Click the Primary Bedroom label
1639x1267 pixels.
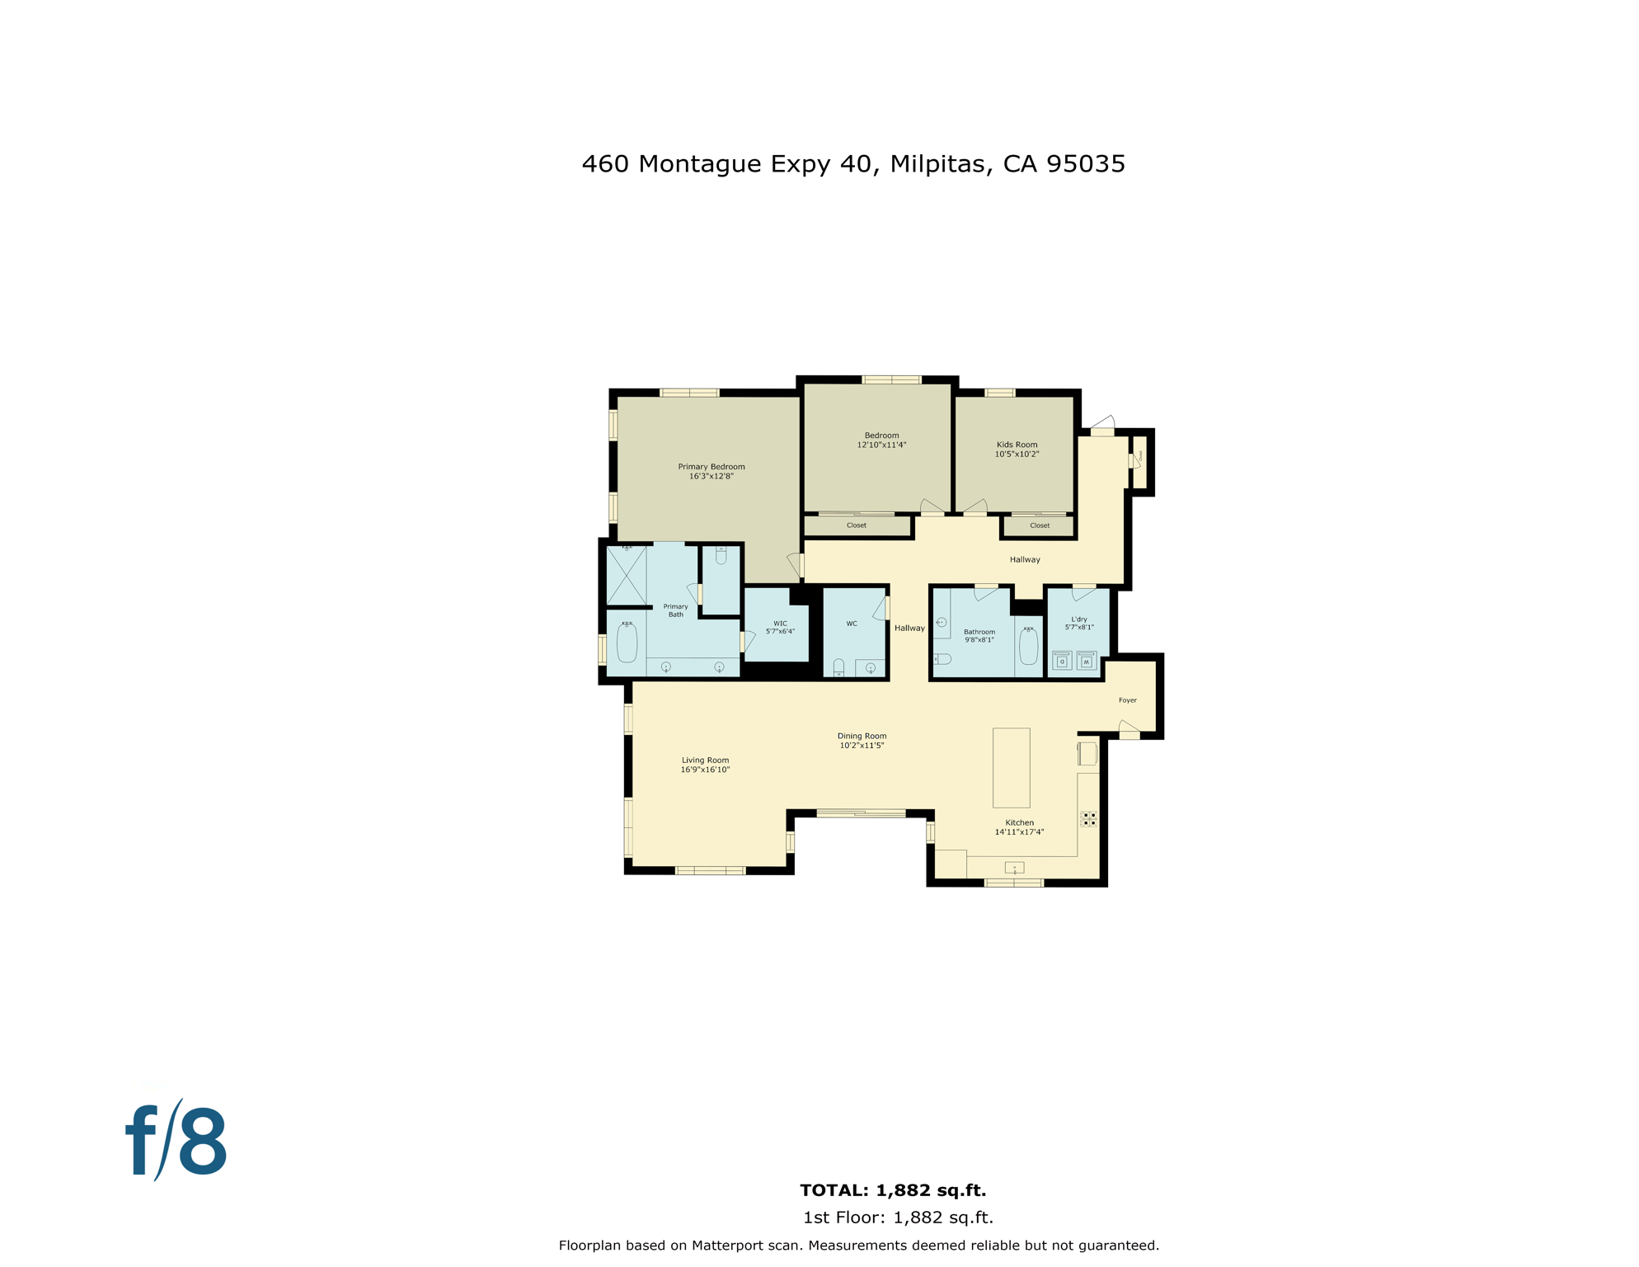click(711, 467)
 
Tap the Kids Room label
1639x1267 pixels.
click(1017, 445)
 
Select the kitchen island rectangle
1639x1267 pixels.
click(1011, 767)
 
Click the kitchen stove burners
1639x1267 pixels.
click(1088, 818)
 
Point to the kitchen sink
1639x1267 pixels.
click(1014, 867)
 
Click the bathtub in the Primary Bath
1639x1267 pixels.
click(627, 643)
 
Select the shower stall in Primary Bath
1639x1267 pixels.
click(627, 575)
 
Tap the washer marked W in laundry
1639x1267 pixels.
click(1087, 662)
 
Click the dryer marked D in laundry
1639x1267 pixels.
click(1062, 662)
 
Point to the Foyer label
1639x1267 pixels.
click(1127, 700)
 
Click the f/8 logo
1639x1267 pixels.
click(176, 1142)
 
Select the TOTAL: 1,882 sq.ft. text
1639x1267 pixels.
click(893, 1190)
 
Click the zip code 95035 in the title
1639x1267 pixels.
click(1085, 164)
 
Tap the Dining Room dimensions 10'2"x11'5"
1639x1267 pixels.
click(862, 746)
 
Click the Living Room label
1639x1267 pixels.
click(705, 761)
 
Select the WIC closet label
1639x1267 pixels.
click(780, 624)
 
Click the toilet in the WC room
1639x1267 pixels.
click(838, 667)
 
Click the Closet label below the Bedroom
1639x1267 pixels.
click(856, 525)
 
